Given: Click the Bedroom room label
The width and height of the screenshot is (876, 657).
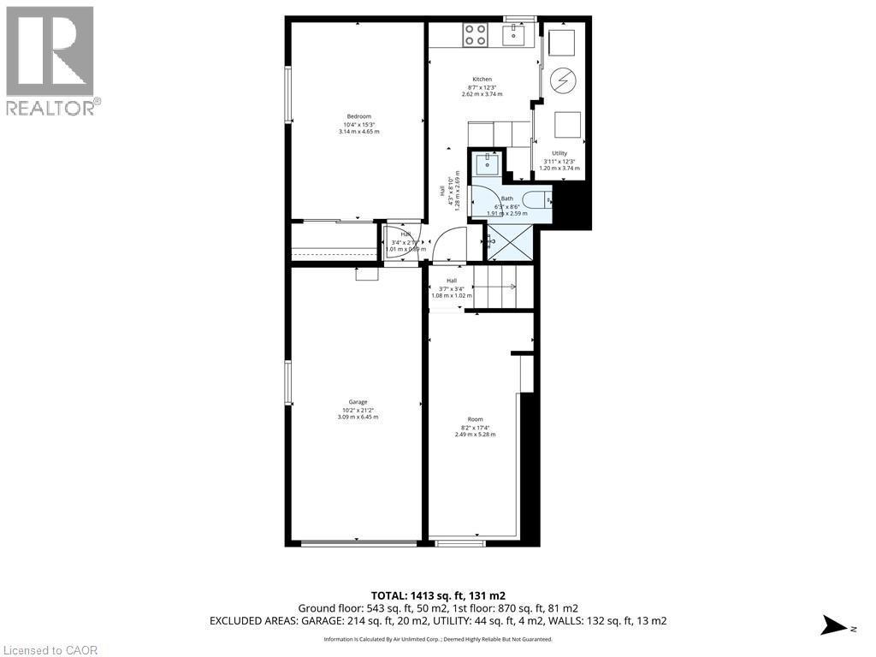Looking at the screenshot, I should point(358,116).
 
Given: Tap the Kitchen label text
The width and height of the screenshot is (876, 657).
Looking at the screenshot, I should point(482,80).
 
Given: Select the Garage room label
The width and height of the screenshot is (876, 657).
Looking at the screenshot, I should point(358,402).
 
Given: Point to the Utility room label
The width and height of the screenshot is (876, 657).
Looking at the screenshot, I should point(559,153).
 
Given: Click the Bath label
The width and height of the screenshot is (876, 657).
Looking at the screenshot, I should point(507,198).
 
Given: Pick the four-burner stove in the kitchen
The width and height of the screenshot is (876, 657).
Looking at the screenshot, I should point(476,35).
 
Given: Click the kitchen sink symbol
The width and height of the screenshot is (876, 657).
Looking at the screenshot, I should point(517,34).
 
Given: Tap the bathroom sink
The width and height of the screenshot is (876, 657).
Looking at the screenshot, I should point(488,163).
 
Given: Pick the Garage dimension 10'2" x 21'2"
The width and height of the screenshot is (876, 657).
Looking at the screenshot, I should point(358,411).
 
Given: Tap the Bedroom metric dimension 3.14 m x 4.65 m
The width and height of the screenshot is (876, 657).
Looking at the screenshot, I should point(358,132).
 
